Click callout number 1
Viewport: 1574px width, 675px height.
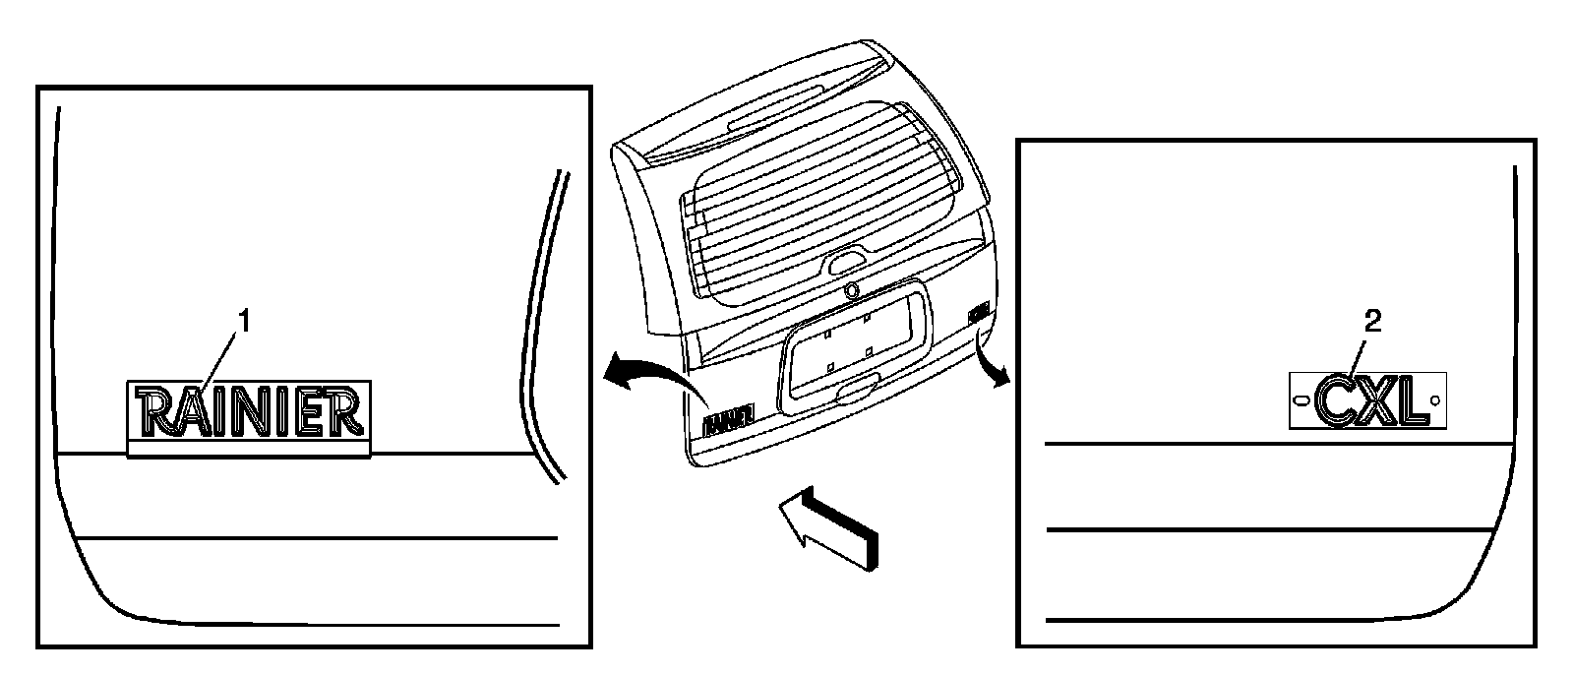pyautogui.click(x=245, y=322)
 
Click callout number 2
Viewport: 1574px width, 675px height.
pyautogui.click(x=1373, y=321)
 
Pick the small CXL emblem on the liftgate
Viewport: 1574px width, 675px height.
pyautogui.click(x=977, y=313)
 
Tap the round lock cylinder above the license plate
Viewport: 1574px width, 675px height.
pyautogui.click(x=851, y=290)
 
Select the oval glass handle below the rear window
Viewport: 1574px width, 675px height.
pyautogui.click(x=848, y=263)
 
